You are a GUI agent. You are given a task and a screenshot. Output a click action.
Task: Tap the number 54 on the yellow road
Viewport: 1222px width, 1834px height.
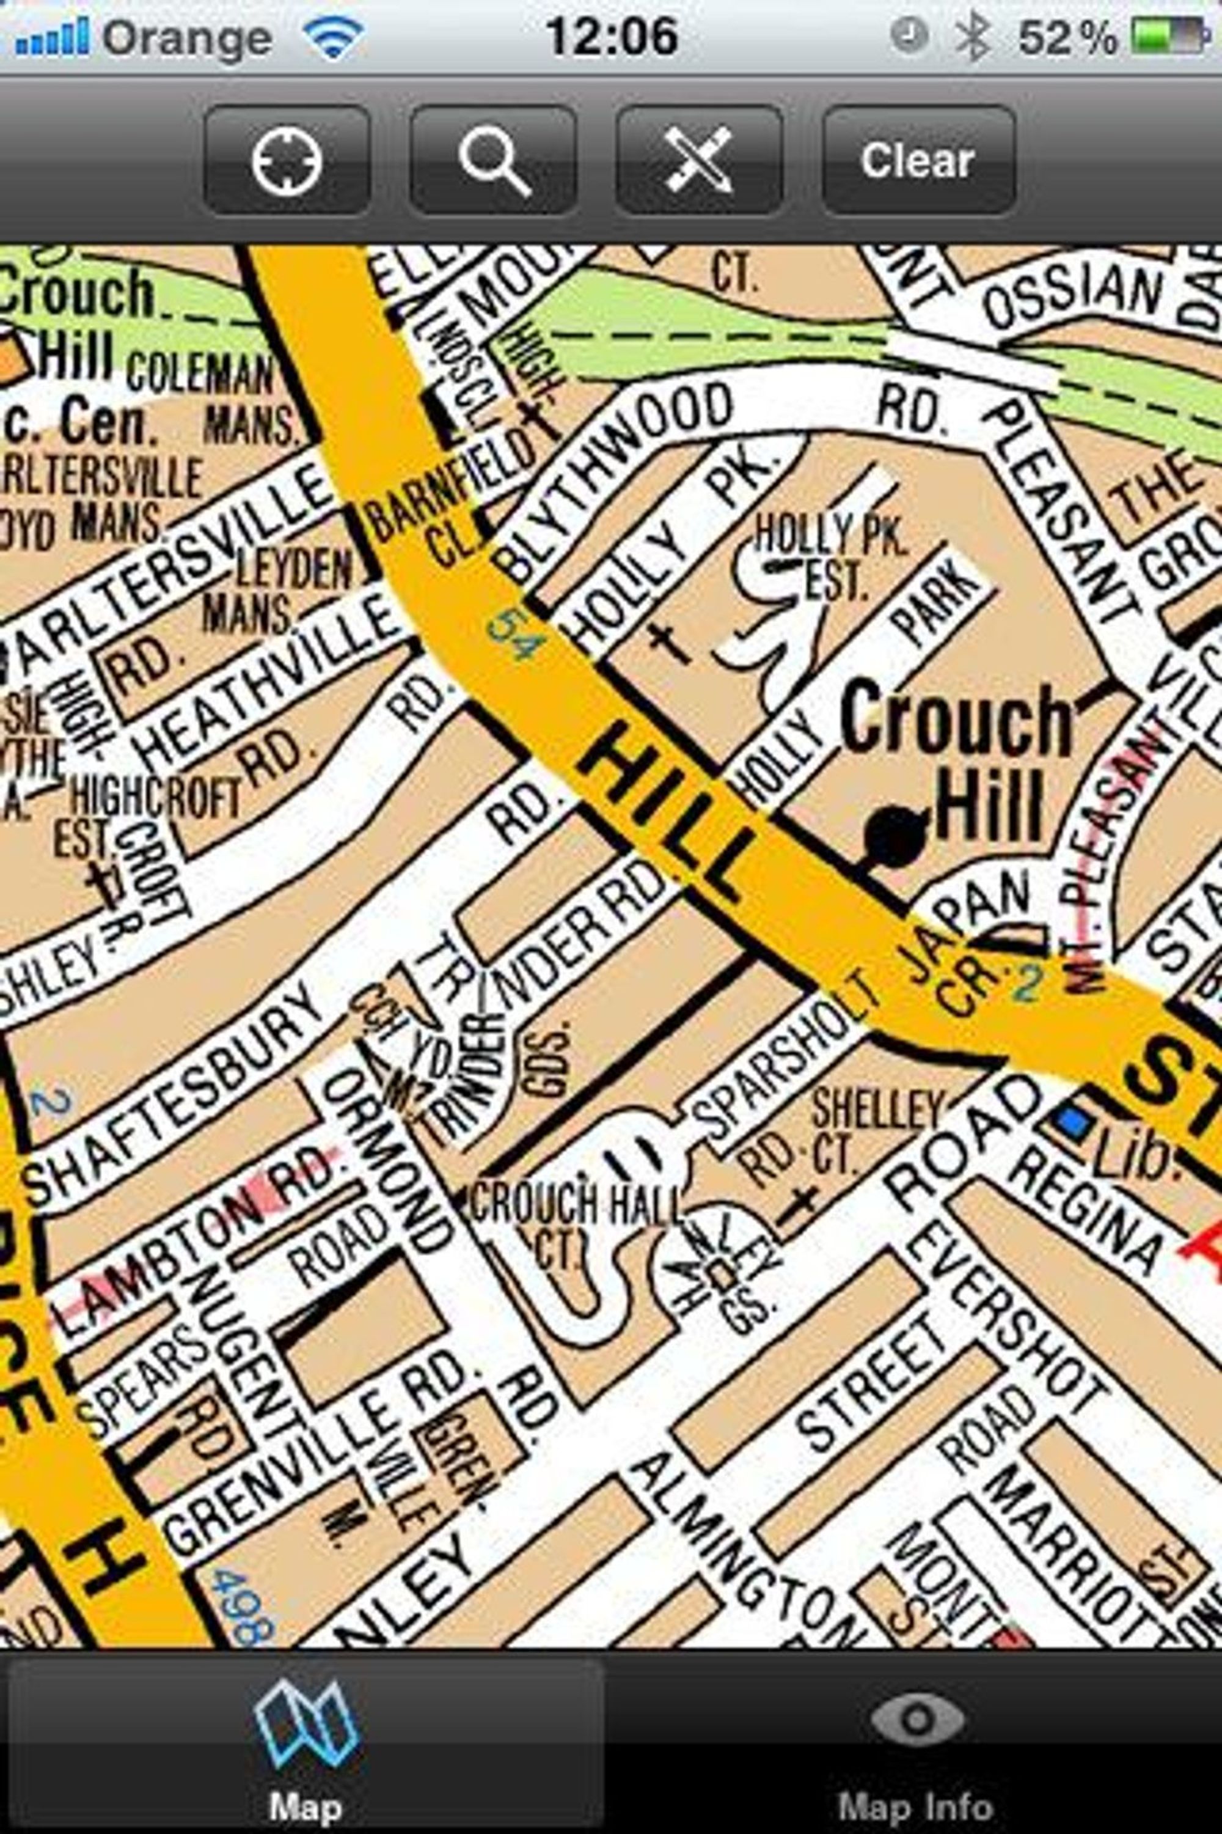(514, 636)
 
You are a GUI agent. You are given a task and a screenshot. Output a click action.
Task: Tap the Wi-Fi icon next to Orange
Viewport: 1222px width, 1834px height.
(334, 37)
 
